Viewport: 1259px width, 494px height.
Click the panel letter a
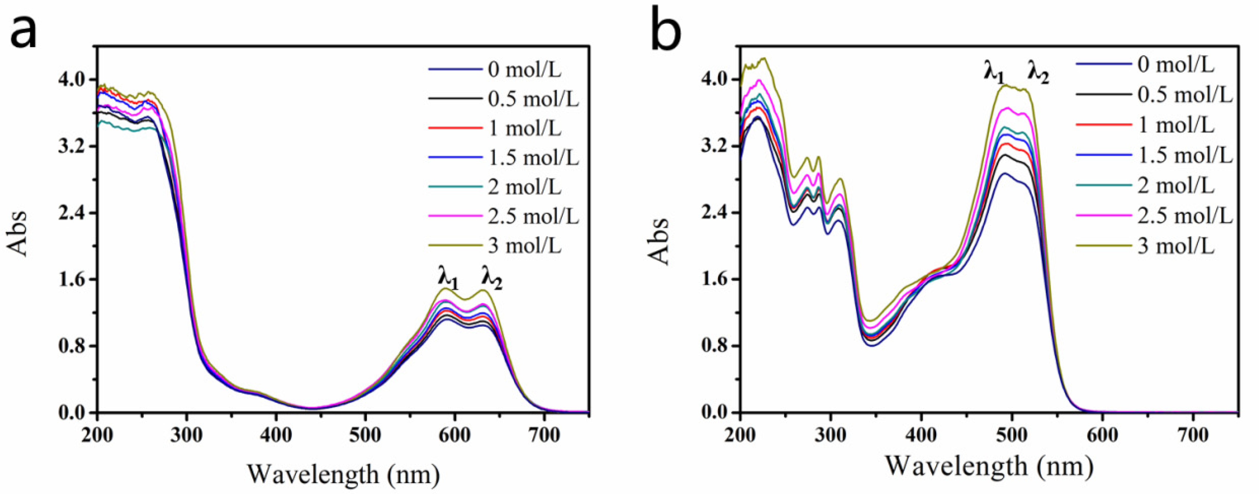pos(23,30)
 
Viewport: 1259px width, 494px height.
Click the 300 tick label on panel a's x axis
pos(187,435)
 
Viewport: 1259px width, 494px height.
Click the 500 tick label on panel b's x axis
pos(1011,435)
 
